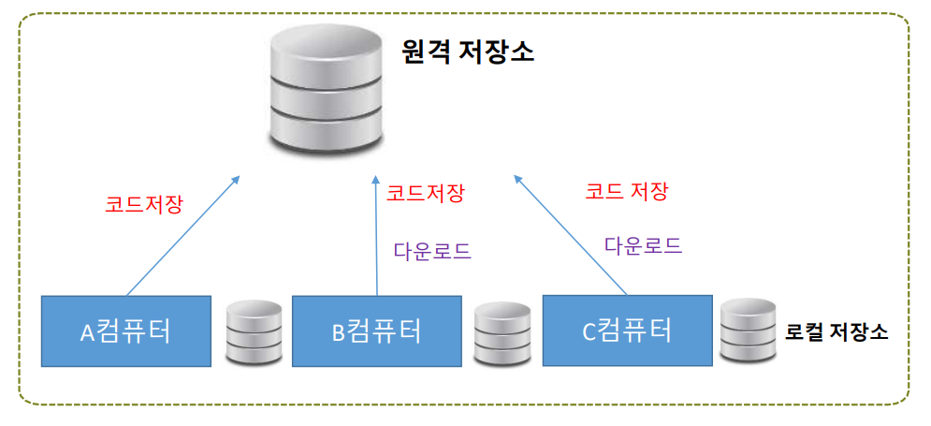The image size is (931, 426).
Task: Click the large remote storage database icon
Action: coord(325,94)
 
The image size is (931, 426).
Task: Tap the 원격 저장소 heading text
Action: coord(467,52)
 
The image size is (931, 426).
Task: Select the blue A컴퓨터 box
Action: coord(126,331)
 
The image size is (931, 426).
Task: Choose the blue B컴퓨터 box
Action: coord(376,331)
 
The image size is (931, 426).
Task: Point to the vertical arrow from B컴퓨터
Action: coord(375,239)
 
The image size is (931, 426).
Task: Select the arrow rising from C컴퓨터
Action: coord(571,234)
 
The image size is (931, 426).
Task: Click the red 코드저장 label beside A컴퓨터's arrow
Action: coord(144,202)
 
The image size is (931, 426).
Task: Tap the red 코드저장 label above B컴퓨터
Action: coord(426,194)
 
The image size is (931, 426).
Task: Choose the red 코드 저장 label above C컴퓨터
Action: coord(626,191)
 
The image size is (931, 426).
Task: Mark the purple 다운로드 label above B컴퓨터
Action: coord(431,251)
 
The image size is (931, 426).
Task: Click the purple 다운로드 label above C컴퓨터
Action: coord(643,246)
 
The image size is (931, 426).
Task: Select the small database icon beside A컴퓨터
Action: coord(255,332)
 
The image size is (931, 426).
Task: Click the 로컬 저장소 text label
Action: coord(836,332)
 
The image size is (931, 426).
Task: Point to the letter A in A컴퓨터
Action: coord(87,333)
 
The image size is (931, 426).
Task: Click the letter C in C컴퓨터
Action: coord(589,331)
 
